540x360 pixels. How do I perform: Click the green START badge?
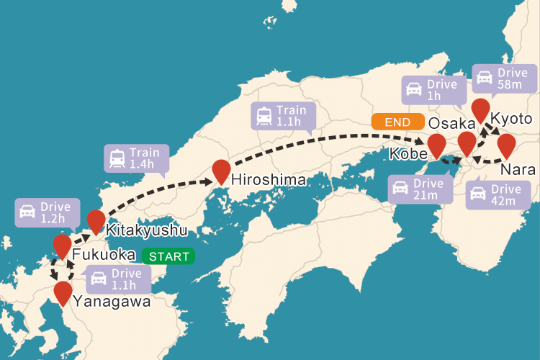pos(168,256)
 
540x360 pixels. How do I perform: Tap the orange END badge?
pos(397,122)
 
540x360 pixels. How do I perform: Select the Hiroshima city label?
pos(269,179)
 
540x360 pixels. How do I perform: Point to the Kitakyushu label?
pos(146,230)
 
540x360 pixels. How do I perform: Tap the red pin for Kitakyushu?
pos(96,220)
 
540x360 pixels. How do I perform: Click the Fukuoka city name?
pos(104,255)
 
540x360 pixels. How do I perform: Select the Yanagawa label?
pos(112,301)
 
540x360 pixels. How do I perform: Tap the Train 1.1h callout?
pos(283,117)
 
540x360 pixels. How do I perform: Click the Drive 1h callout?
pos(431,90)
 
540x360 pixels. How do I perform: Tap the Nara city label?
pos(518,171)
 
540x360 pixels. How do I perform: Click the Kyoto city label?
pos(511,119)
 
